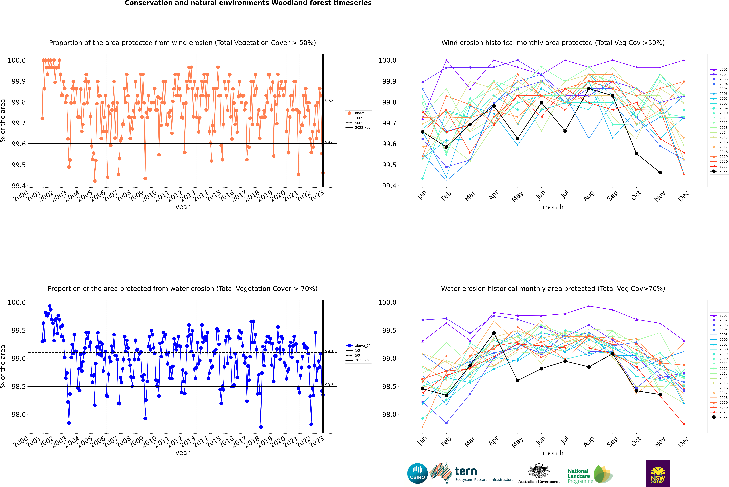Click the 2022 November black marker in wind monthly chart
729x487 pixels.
click(x=660, y=173)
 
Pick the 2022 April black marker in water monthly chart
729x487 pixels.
click(x=494, y=333)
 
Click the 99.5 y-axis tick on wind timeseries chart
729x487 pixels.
click(x=19, y=165)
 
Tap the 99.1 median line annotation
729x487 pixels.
click(x=329, y=351)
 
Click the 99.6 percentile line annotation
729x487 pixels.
click(x=329, y=142)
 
